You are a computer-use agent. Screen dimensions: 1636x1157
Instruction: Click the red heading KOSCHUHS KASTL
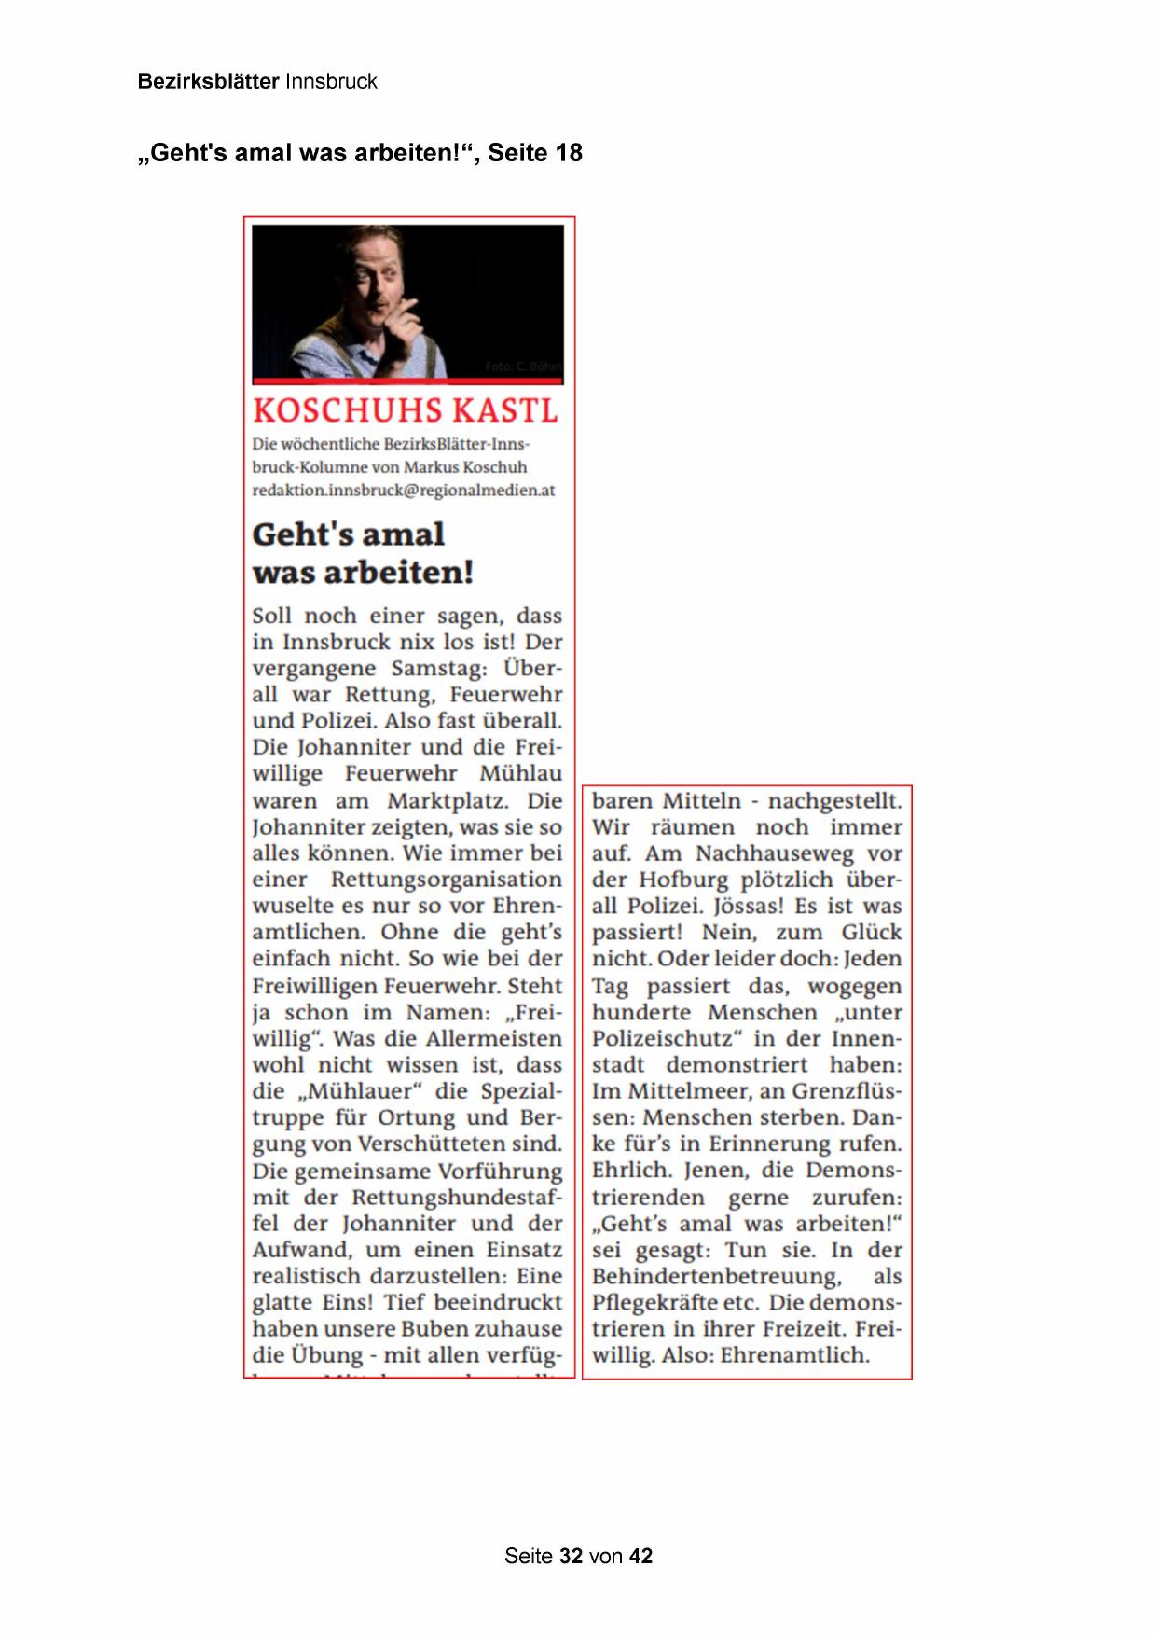[x=405, y=411]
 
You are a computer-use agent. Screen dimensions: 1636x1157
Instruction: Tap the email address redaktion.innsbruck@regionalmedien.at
[x=403, y=491]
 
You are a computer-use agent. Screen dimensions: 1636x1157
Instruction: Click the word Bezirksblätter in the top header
[x=208, y=81]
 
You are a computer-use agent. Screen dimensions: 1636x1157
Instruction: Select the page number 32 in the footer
[x=571, y=1556]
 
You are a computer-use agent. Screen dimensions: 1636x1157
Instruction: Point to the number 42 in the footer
[x=640, y=1556]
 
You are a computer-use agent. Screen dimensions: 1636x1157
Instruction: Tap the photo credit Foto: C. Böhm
[x=523, y=367]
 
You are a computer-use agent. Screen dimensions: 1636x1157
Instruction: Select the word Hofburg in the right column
[x=684, y=880]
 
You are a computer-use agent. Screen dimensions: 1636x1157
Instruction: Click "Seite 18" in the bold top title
[x=535, y=153]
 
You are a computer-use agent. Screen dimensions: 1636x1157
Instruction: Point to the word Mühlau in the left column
[x=520, y=774]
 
